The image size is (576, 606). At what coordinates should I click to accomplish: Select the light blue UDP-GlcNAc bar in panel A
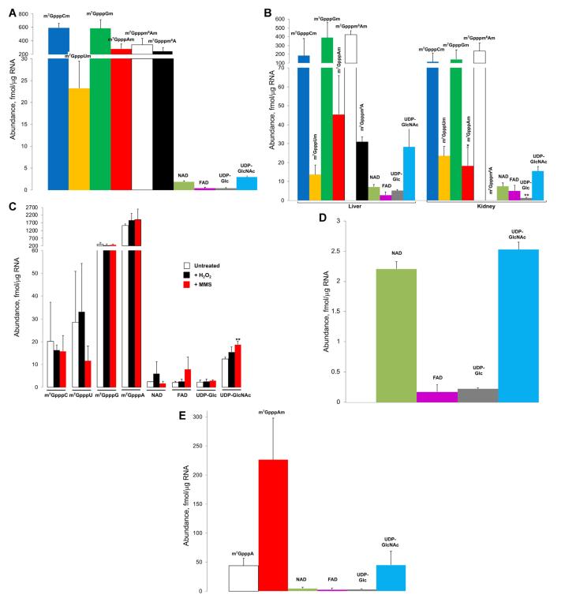(x=247, y=183)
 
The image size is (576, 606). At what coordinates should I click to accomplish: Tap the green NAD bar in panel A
(x=183, y=186)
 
